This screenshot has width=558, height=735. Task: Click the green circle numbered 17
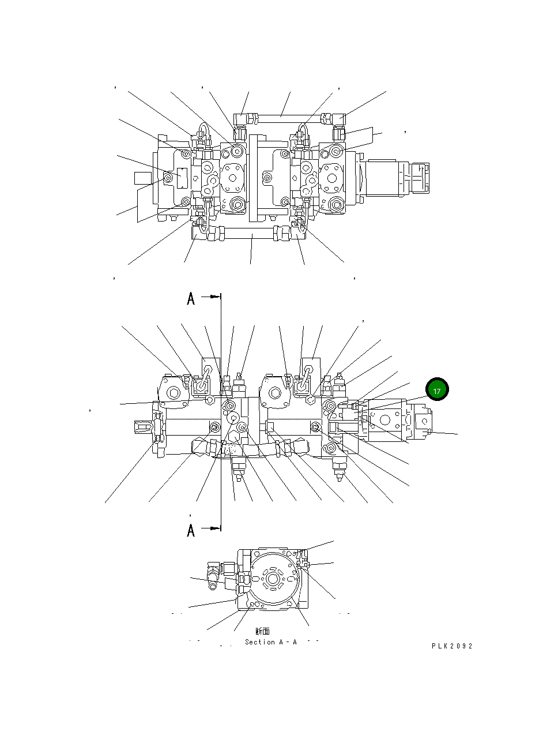coord(436,390)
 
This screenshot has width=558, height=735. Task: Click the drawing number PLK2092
coord(452,646)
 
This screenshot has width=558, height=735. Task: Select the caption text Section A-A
coord(270,642)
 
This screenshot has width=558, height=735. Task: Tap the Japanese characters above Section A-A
coord(262,632)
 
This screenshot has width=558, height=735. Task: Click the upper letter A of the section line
coord(191,299)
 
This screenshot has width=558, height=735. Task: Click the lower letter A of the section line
coord(191,530)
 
